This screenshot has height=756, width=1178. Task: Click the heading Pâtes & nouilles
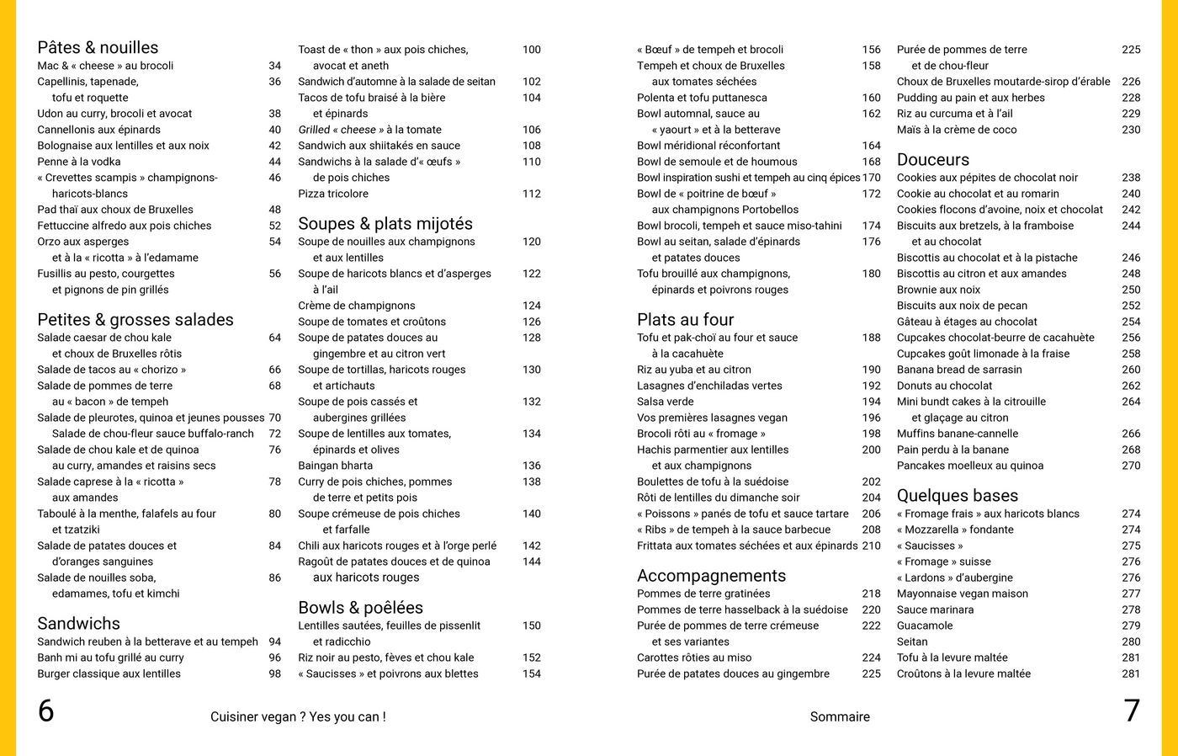(x=98, y=48)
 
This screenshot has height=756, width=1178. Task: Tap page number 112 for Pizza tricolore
(x=531, y=194)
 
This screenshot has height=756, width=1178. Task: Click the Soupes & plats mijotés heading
(x=385, y=224)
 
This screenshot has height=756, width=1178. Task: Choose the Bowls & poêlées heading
(x=360, y=608)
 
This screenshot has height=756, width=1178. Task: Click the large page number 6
(x=46, y=711)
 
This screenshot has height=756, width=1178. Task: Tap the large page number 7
(x=1132, y=711)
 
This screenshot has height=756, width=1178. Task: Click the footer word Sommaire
(x=840, y=717)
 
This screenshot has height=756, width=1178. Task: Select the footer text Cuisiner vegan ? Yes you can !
(x=298, y=717)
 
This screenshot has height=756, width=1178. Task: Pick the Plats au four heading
(x=685, y=320)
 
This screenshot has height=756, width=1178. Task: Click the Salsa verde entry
(x=666, y=402)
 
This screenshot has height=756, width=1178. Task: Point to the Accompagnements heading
(x=711, y=576)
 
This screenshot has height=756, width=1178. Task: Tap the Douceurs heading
(x=932, y=160)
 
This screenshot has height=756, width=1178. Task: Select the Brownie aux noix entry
(x=938, y=290)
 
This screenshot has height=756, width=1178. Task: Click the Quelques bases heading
(x=958, y=496)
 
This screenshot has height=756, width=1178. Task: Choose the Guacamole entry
(x=925, y=626)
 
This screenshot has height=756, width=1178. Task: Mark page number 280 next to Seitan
(x=1131, y=642)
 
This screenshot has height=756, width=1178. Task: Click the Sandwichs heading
(x=78, y=624)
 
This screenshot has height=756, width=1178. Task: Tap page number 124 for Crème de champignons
(x=531, y=306)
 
